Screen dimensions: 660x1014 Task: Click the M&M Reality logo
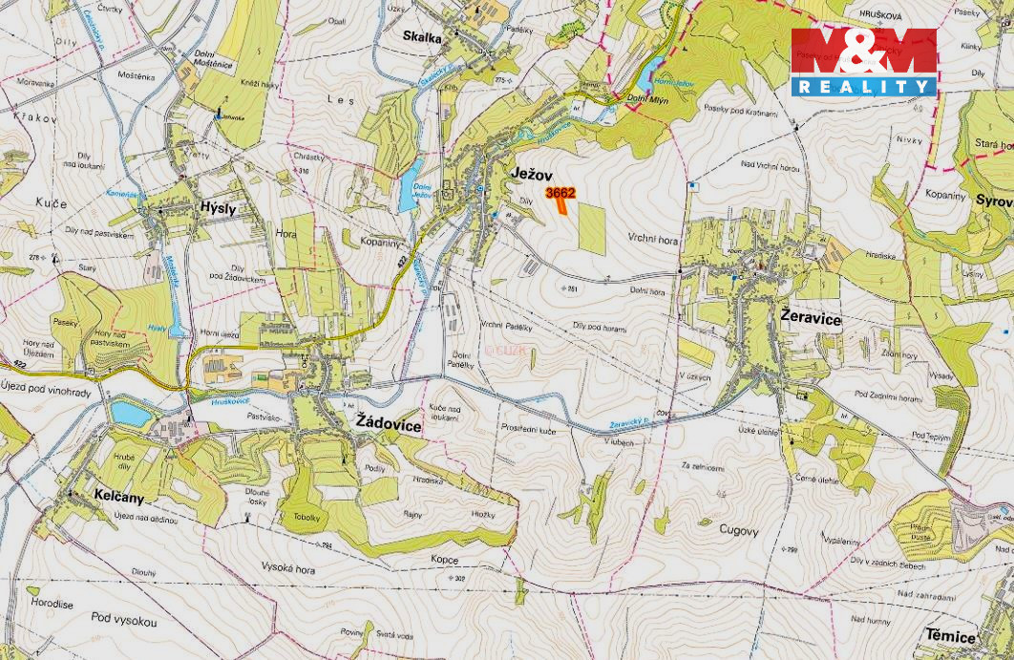(863, 62)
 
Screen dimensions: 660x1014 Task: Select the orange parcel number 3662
(560, 193)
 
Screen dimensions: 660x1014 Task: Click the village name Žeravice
(811, 320)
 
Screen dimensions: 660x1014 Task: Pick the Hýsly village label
(218, 207)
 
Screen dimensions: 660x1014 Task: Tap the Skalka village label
(422, 38)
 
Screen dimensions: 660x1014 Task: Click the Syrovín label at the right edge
(993, 201)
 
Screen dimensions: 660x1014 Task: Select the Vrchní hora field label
(653, 241)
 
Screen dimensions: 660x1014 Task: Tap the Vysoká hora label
(288, 568)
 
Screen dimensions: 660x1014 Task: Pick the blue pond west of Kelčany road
(131, 413)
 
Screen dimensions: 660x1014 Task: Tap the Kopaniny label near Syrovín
(946, 194)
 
